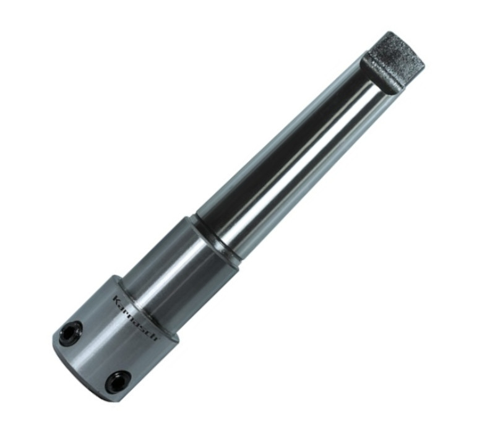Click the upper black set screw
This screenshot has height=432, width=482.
[74, 329]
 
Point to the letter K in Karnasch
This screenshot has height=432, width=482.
[117, 299]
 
